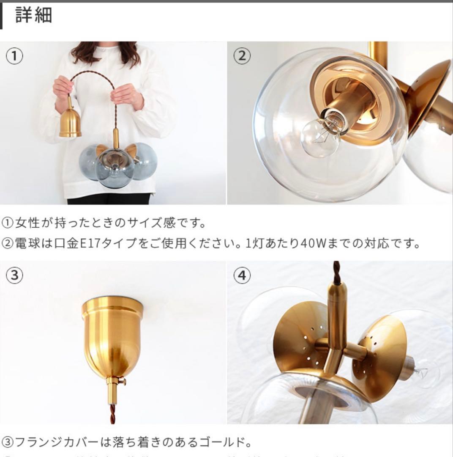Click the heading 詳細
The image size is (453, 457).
coord(34,15)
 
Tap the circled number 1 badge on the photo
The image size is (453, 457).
coord(14,56)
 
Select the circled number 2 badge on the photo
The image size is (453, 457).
coord(241,56)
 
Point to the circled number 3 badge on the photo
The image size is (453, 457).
coord(14,275)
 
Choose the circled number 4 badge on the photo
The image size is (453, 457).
coord(241,275)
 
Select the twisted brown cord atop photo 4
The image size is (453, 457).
coord(336,273)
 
